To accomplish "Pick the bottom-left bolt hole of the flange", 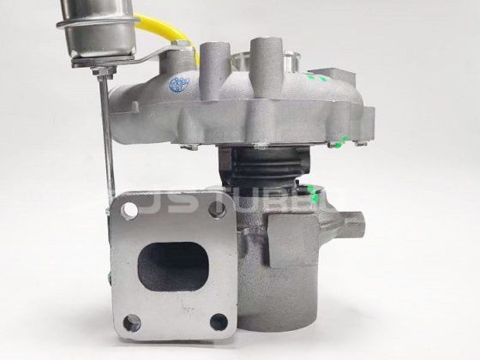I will (132, 323).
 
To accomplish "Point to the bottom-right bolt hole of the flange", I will (219, 321).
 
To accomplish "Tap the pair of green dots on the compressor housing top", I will (316, 78).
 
